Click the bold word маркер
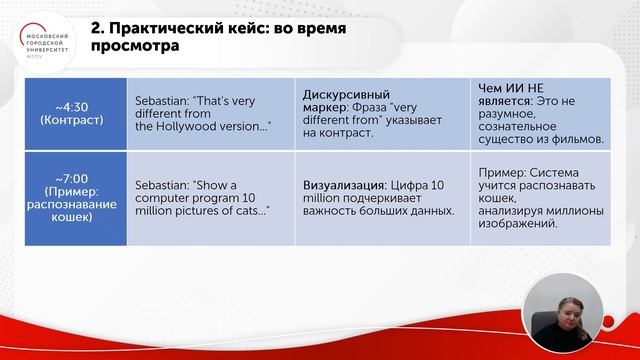(x=325, y=107)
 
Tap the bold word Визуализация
(x=346, y=186)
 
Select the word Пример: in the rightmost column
(x=500, y=172)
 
